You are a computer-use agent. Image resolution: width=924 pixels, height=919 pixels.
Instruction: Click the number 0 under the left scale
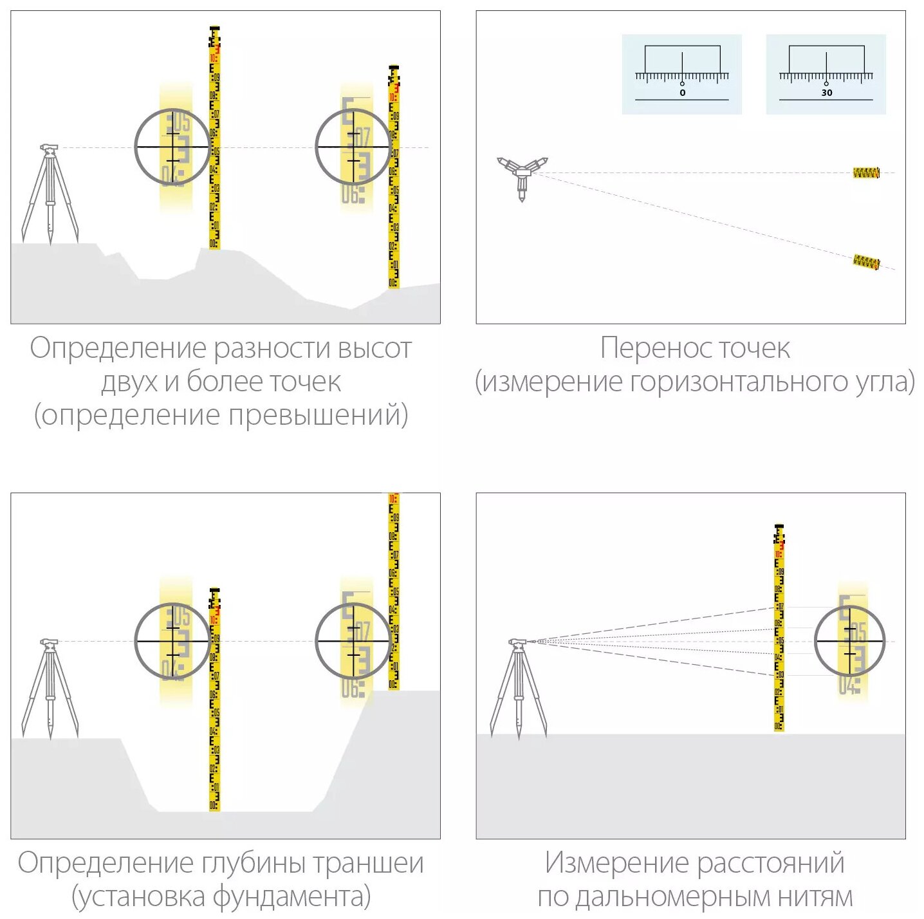click(682, 93)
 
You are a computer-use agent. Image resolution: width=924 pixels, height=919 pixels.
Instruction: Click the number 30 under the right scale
click(826, 93)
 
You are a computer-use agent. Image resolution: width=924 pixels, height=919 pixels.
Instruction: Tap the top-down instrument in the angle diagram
click(522, 175)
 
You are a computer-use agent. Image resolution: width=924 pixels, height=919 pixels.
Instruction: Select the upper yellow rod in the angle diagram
click(866, 172)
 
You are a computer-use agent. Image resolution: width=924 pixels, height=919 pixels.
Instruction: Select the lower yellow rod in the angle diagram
click(866, 262)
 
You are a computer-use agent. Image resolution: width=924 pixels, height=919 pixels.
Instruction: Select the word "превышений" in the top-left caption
click(318, 415)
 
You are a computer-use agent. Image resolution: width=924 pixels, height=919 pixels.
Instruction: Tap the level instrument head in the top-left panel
click(49, 149)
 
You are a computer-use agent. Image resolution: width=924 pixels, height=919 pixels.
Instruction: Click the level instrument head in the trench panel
click(49, 643)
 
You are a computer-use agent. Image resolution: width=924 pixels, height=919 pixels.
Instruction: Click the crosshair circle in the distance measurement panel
click(850, 641)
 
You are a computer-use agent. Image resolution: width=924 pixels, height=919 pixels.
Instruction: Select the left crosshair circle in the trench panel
click(172, 641)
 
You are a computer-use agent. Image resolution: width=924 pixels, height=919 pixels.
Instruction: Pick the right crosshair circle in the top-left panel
click(353, 147)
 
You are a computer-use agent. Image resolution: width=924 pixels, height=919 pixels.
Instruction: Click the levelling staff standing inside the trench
click(214, 701)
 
